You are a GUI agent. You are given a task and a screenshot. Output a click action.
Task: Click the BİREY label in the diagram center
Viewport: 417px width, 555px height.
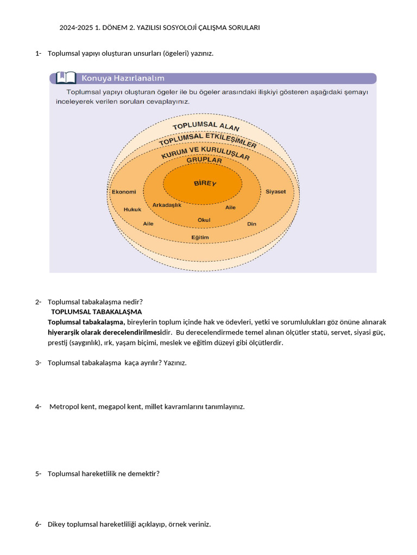pos(205,183)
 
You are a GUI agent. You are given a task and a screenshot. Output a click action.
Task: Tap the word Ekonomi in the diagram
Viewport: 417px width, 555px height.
pos(123,192)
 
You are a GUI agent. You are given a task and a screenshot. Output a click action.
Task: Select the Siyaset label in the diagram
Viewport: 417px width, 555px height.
pos(275,192)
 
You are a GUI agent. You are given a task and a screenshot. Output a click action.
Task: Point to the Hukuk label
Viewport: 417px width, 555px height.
pos(132,209)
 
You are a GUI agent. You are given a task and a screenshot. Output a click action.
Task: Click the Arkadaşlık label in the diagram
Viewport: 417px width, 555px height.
pos(167,205)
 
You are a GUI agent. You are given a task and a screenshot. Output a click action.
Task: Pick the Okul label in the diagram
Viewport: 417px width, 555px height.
pos(204,220)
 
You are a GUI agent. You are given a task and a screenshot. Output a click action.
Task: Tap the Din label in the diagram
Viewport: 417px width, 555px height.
pos(251,223)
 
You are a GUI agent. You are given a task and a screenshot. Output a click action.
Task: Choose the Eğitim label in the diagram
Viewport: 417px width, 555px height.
pos(200,237)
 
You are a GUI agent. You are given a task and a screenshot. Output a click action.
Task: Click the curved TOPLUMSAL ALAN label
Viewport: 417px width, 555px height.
pos(206,126)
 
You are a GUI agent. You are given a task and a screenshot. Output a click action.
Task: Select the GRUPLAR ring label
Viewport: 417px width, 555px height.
pos(204,160)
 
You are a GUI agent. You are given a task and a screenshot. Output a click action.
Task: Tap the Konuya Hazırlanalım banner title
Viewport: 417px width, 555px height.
pos(123,78)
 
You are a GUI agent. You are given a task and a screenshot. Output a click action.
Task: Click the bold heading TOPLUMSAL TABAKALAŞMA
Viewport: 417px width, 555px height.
pos(96,312)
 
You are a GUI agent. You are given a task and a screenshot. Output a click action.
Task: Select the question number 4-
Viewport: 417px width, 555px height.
pos(38,406)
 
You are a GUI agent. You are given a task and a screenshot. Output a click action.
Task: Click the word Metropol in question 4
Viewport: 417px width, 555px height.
pos(65,406)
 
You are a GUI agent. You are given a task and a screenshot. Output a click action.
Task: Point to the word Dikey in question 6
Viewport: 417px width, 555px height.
pos(56,524)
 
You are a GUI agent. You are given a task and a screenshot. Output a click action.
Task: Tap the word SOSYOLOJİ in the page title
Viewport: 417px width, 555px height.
pos(203,28)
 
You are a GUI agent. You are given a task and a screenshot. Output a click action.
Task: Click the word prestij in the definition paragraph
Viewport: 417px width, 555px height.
pos(58,343)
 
